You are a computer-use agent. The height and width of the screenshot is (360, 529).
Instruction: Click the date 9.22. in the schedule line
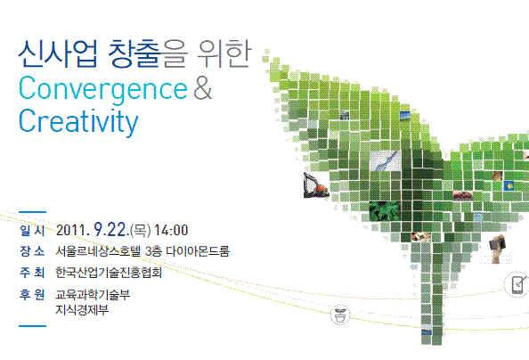coord(110,230)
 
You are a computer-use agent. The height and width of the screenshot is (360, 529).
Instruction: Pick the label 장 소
coord(31,251)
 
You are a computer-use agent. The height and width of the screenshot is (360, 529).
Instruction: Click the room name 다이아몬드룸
coord(208,251)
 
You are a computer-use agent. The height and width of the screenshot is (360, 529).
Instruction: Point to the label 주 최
coord(31,273)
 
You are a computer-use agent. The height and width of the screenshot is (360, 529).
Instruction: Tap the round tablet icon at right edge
coord(517,285)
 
